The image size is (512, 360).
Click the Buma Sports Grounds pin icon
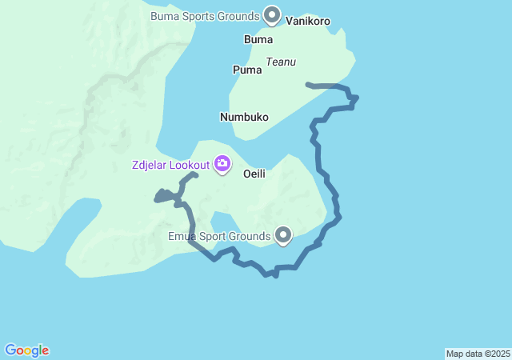pyautogui.click(x=272, y=15)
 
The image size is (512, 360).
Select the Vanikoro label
pyautogui.click(x=307, y=22)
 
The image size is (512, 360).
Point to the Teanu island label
pyautogui.click(x=281, y=62)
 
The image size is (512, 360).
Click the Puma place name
pyautogui.click(x=247, y=70)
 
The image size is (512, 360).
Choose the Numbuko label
pyautogui.click(x=244, y=117)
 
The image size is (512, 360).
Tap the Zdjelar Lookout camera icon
pyautogui.click(x=222, y=165)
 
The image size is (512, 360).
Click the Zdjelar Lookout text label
pyautogui.click(x=170, y=166)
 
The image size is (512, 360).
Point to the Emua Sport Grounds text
pyautogui.click(x=218, y=236)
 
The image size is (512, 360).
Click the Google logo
pyautogui.click(x=26, y=350)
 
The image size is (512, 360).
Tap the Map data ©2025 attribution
pyautogui.click(x=478, y=354)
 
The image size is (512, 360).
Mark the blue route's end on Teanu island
pyautogui.click(x=308, y=83)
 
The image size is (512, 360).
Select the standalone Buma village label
pyautogui.click(x=258, y=39)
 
